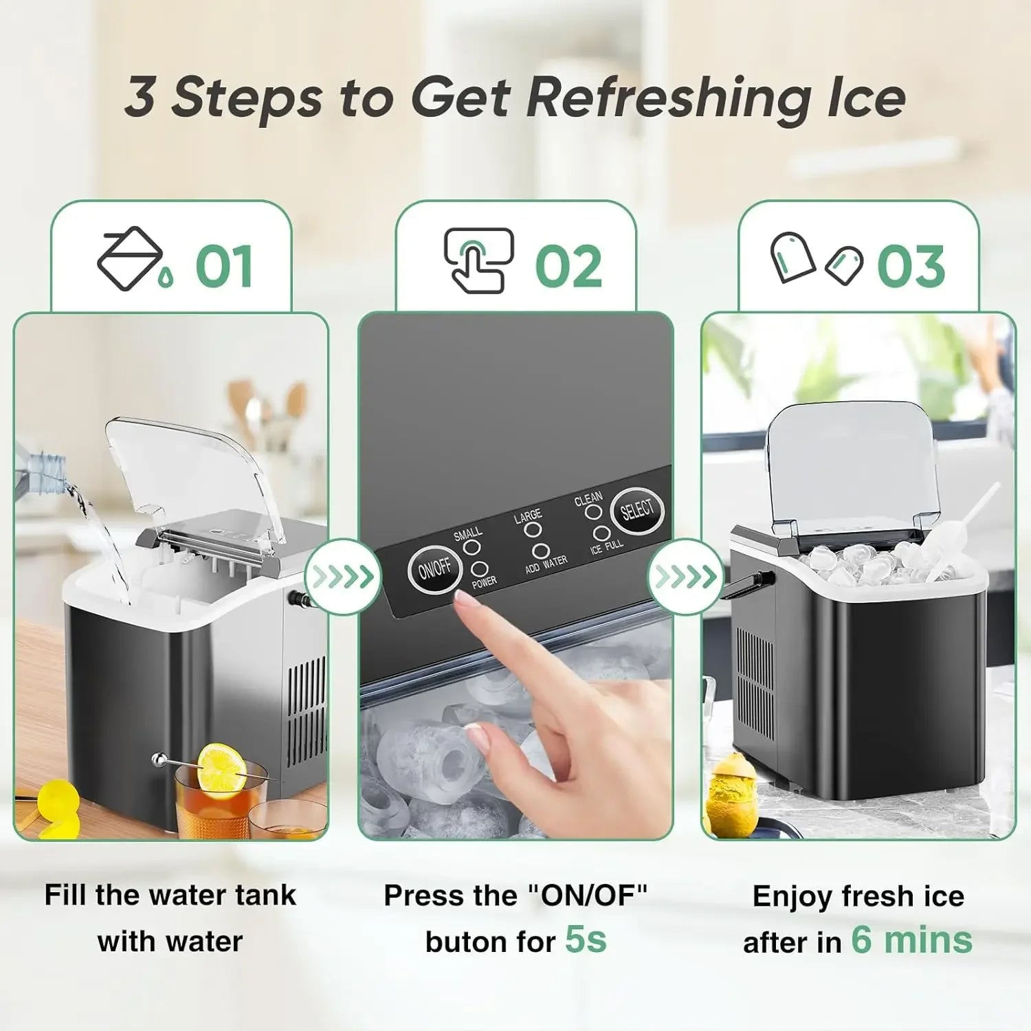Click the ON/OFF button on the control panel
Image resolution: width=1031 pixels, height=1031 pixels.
tap(434, 568)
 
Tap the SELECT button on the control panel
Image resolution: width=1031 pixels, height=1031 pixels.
tap(636, 509)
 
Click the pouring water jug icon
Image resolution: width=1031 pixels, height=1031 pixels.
tap(131, 258)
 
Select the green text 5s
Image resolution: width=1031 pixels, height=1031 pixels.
tap(586, 939)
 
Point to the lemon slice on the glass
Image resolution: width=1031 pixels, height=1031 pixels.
tap(221, 767)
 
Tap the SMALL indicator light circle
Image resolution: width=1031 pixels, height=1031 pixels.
tap(471, 547)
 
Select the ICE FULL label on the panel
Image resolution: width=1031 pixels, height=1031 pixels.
tap(606, 546)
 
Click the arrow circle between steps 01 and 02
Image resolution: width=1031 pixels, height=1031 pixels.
tap(342, 576)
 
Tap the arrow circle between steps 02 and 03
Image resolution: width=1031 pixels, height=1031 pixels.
tap(685, 576)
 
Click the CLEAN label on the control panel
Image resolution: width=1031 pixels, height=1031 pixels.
tap(588, 498)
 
